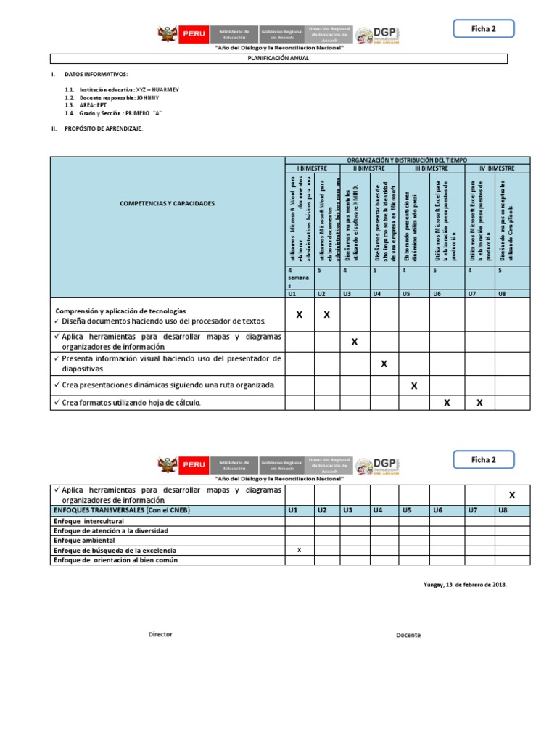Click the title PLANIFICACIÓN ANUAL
pos(278,59)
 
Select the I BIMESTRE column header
pos(312,168)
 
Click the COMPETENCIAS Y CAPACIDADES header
pos(168,203)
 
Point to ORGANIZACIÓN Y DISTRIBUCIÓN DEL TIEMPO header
pos(407,160)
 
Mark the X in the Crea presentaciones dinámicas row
pos(414,386)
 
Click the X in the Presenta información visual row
pos(384,364)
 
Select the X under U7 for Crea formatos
pos(479,403)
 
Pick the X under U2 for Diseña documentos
pos(326,315)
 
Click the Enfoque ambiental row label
pos(84,541)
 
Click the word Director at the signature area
pos(160,634)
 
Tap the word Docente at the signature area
pos(408,635)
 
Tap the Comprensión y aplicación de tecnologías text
pos(120,311)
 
